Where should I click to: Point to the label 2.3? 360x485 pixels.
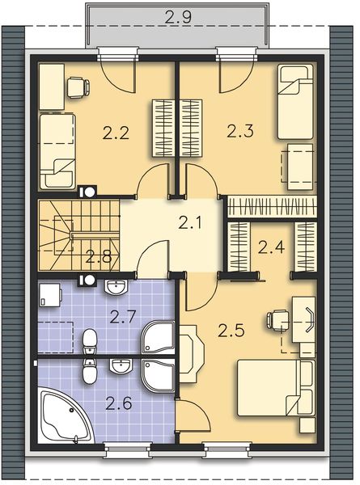click(240, 129)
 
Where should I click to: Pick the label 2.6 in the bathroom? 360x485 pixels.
click(121, 401)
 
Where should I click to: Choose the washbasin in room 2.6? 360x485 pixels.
click(121, 366)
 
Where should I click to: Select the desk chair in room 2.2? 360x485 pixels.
click(77, 86)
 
